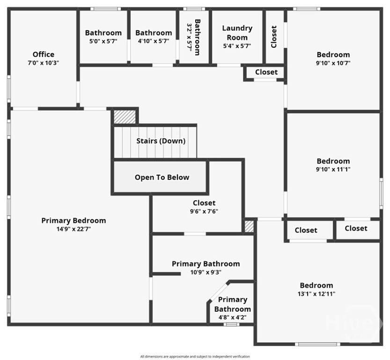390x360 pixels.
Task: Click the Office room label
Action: point(44,54)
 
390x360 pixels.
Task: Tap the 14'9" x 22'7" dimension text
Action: point(74,229)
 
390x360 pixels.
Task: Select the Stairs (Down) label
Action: point(161,141)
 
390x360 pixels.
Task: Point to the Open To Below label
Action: point(162,177)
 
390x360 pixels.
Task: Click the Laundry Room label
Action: point(237,33)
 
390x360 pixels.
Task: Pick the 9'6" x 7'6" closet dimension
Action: point(204,211)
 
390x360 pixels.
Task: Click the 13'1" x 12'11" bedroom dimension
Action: point(316,294)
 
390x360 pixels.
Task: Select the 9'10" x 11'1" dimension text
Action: point(333,169)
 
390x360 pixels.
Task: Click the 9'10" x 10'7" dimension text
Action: point(333,63)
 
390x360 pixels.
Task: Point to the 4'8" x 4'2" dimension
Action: point(233,317)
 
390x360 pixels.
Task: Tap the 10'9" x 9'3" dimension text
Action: point(206,272)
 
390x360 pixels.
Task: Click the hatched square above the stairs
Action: point(125,117)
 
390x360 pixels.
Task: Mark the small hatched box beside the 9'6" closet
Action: point(249,226)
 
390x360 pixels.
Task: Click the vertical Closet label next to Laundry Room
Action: point(274,37)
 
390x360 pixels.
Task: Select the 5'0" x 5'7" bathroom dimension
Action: point(103,41)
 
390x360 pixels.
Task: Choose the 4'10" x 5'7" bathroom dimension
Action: point(154,41)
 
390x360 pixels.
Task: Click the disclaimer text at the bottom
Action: point(195,357)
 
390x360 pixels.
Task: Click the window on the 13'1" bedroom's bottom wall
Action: point(317,345)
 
